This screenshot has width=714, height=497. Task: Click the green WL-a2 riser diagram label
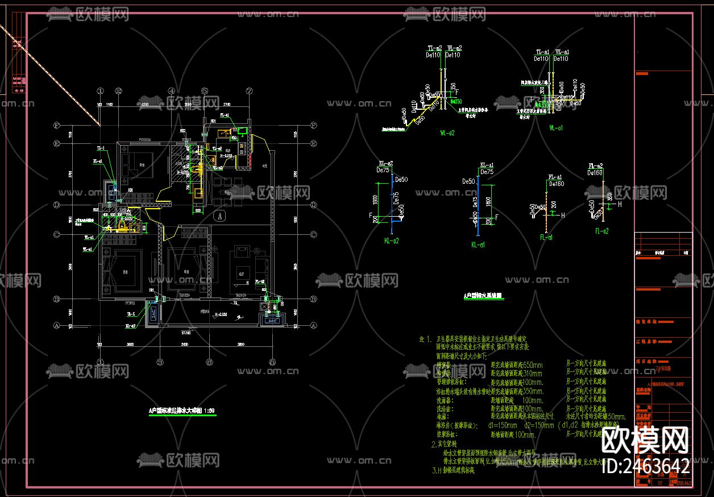(x=447, y=132)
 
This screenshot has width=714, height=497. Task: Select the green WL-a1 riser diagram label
(x=556, y=128)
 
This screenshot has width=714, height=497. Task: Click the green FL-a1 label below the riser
(x=547, y=237)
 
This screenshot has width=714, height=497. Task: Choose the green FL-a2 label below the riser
(x=602, y=231)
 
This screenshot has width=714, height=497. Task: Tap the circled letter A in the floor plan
(x=221, y=216)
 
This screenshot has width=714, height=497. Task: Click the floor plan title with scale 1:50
(x=181, y=410)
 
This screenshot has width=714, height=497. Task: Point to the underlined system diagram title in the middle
(x=483, y=296)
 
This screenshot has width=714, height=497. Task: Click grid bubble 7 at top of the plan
(x=248, y=91)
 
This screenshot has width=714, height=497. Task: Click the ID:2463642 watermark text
(x=645, y=466)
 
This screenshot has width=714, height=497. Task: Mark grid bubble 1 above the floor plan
(x=100, y=91)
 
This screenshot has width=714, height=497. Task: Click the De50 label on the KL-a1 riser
(x=469, y=181)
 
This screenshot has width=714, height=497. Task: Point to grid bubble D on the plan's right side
(x=313, y=205)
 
